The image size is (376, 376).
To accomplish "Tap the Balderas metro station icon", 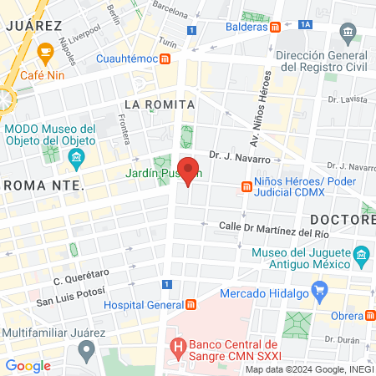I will [275, 26].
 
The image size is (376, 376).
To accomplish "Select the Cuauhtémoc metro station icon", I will [166, 58].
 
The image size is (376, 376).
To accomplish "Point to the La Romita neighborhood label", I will [159, 104].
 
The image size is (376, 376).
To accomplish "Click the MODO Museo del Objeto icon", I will [76, 158].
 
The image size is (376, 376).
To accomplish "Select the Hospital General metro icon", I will [191, 304].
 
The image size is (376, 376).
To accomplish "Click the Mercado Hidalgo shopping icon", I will [318, 290].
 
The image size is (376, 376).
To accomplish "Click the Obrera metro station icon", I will [368, 315].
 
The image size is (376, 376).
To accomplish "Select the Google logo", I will [28, 365].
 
